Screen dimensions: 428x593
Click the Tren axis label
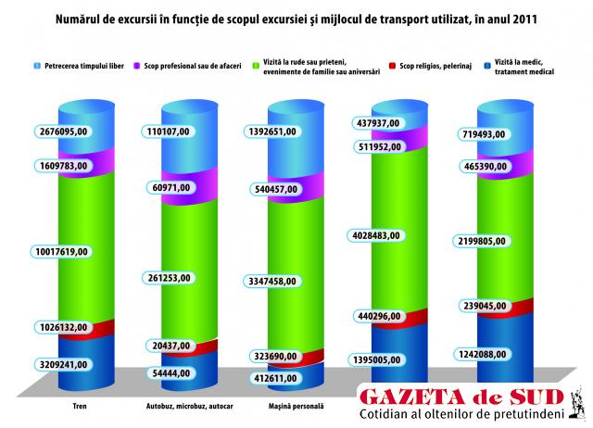[x=81, y=407]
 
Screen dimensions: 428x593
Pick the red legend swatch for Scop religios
[x=392, y=66]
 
